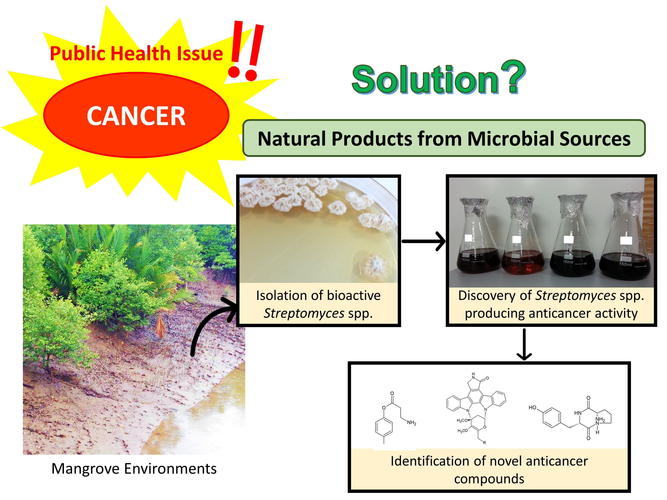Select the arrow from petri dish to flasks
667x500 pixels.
(x=424, y=241)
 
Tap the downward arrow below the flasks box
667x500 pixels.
(x=524, y=344)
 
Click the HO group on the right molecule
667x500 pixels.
(x=532, y=408)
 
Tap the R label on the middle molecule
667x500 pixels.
(x=484, y=443)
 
